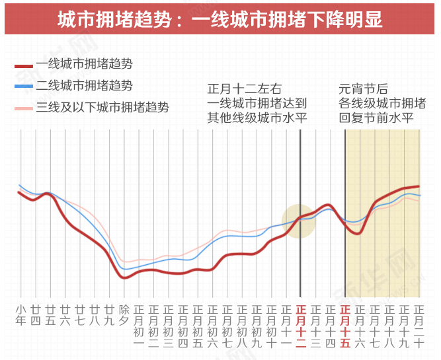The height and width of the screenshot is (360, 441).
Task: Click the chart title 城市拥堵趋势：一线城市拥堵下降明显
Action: [220, 19]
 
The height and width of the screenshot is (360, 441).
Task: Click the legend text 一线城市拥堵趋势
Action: [84, 64]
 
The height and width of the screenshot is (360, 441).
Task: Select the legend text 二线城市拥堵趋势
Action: [84, 85]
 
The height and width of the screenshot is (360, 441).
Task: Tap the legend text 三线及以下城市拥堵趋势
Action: [102, 106]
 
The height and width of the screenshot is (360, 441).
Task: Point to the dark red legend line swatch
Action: [24, 65]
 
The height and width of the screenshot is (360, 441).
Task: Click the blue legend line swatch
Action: [24, 86]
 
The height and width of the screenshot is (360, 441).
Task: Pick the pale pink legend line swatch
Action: [24, 108]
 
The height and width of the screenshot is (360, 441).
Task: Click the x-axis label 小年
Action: [20, 314]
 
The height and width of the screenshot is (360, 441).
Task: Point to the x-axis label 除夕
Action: [124, 314]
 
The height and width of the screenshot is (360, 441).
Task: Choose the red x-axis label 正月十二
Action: [301, 326]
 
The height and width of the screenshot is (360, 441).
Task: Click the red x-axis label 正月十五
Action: [345, 326]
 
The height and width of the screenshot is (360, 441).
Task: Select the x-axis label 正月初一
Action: [139, 326]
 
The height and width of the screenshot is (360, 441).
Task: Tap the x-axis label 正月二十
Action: [419, 326]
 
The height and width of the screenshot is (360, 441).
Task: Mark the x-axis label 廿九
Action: [109, 314]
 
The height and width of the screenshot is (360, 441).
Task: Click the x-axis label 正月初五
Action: [198, 326]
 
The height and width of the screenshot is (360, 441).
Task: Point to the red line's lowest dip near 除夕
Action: [124, 277]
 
